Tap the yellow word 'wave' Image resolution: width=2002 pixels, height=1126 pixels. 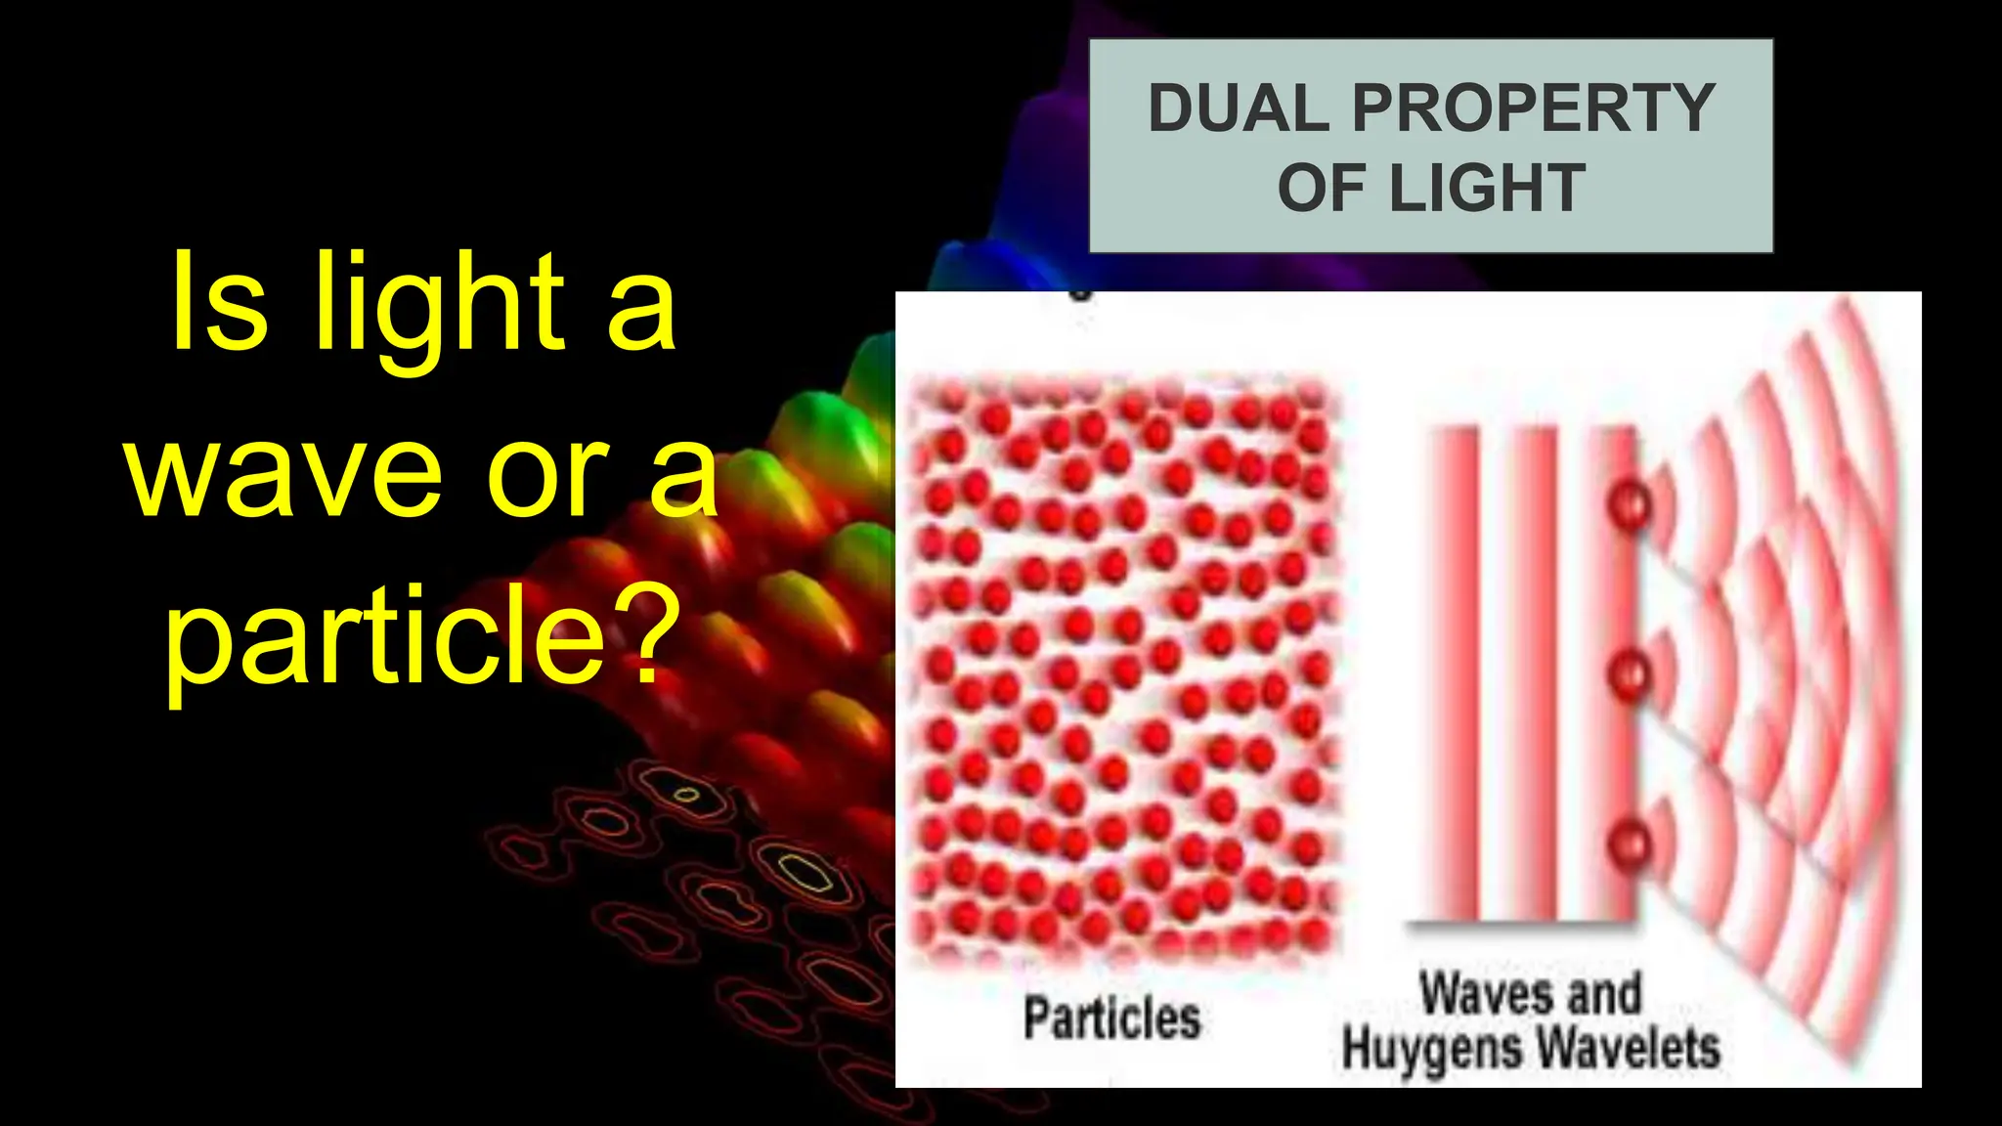point(283,476)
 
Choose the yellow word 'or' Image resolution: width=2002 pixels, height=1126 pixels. point(547,476)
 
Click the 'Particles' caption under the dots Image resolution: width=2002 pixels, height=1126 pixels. point(1111,1018)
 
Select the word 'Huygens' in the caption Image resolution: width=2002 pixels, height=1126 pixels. point(1427,1049)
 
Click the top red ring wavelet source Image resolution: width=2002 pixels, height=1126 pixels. point(1629,505)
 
